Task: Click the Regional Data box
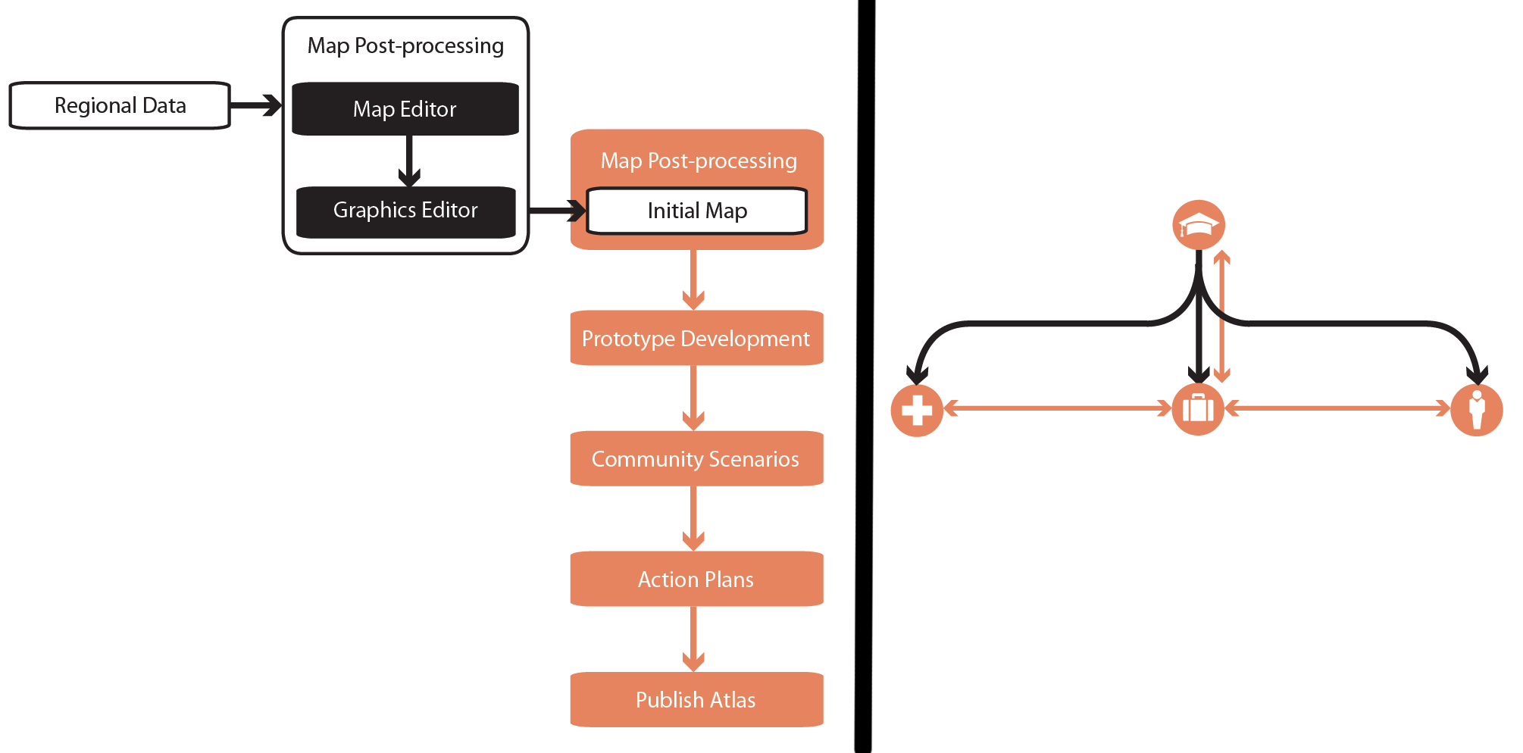pyautogui.click(x=120, y=105)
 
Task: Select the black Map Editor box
pyautogui.click(x=405, y=109)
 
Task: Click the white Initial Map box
pyautogui.click(x=697, y=211)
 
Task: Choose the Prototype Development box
pyautogui.click(x=696, y=338)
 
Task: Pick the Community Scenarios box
pyautogui.click(x=696, y=458)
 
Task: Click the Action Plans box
pyautogui.click(x=696, y=579)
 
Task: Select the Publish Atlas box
pyautogui.click(x=696, y=699)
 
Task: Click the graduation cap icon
pyautogui.click(x=1199, y=225)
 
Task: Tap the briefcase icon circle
pyautogui.click(x=1198, y=409)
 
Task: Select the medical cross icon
pyautogui.click(x=917, y=411)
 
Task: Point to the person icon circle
pyautogui.click(x=1477, y=411)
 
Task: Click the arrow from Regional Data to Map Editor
pyautogui.click(x=256, y=105)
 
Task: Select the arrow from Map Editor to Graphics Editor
pyautogui.click(x=409, y=161)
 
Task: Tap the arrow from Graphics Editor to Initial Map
pyautogui.click(x=558, y=210)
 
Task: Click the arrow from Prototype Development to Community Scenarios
pyautogui.click(x=693, y=398)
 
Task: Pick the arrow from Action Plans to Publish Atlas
pyautogui.click(x=693, y=639)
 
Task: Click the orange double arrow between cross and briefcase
pyautogui.click(x=1058, y=409)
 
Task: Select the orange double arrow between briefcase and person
pyautogui.click(x=1337, y=409)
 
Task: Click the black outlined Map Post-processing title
pyautogui.click(x=405, y=45)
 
